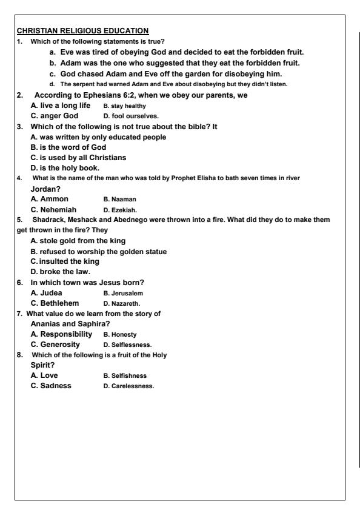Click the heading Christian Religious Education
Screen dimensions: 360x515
(82, 31)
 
